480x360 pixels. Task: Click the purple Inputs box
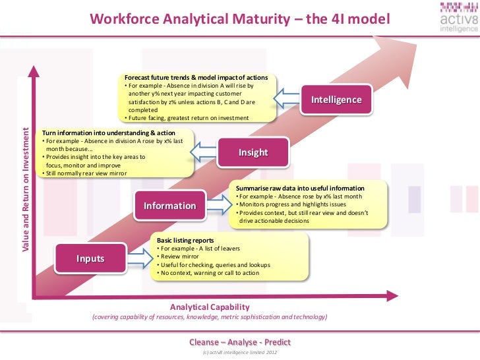click(90, 258)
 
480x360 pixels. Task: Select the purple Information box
click(169, 205)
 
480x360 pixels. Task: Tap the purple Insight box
click(253, 152)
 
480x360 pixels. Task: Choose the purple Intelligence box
click(336, 100)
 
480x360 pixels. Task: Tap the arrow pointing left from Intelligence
click(287, 99)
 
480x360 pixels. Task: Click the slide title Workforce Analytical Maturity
click(239, 19)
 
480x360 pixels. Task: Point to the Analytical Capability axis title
click(210, 307)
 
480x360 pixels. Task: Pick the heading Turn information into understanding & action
click(109, 133)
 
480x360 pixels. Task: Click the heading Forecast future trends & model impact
click(196, 78)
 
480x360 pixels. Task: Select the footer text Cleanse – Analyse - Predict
click(239, 342)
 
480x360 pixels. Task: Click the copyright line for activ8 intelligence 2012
click(239, 353)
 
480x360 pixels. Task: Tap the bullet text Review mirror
click(174, 256)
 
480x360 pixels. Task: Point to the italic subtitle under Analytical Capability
click(210, 317)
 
